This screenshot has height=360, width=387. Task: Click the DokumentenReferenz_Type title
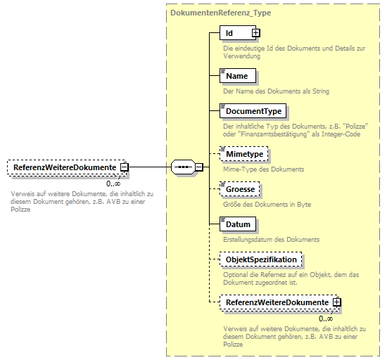[220, 13]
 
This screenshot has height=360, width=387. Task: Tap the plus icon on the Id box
[256, 32]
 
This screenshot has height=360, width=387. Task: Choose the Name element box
[236, 75]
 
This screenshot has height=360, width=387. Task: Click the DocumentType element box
[253, 110]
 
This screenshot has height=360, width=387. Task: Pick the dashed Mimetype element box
[243, 153]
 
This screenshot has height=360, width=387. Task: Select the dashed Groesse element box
[239, 188]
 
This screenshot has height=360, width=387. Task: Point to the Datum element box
[238, 224]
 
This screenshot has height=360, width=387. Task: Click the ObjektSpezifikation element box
[261, 259]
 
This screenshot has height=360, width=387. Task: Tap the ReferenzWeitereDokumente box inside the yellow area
[277, 302]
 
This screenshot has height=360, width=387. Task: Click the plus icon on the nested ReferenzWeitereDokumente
[337, 302]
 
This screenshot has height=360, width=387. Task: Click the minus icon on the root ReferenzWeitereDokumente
[124, 167]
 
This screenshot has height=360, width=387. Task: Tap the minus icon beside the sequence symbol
[198, 167]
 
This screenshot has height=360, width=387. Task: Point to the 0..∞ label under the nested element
[326, 318]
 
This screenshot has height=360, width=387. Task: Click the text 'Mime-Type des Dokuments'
[263, 169]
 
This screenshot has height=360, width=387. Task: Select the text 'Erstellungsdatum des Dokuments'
[271, 240]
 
